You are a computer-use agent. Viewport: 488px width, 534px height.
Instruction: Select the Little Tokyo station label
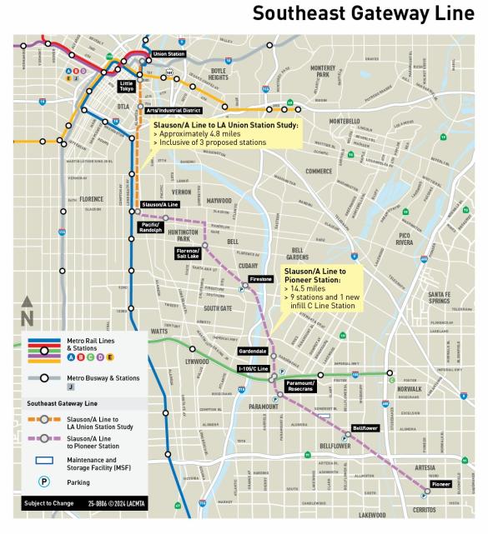126,87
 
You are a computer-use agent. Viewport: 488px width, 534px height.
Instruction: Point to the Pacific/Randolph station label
151,227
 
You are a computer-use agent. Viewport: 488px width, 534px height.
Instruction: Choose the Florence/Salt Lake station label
188,252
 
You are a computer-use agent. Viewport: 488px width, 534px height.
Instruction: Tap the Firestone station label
261,279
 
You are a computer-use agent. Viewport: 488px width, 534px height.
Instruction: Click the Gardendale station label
253,352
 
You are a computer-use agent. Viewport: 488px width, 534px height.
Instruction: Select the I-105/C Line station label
252,368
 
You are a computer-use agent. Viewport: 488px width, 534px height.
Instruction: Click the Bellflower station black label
365,427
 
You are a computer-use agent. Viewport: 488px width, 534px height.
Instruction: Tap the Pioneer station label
440,483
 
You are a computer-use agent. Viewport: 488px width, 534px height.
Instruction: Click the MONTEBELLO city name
343,121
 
